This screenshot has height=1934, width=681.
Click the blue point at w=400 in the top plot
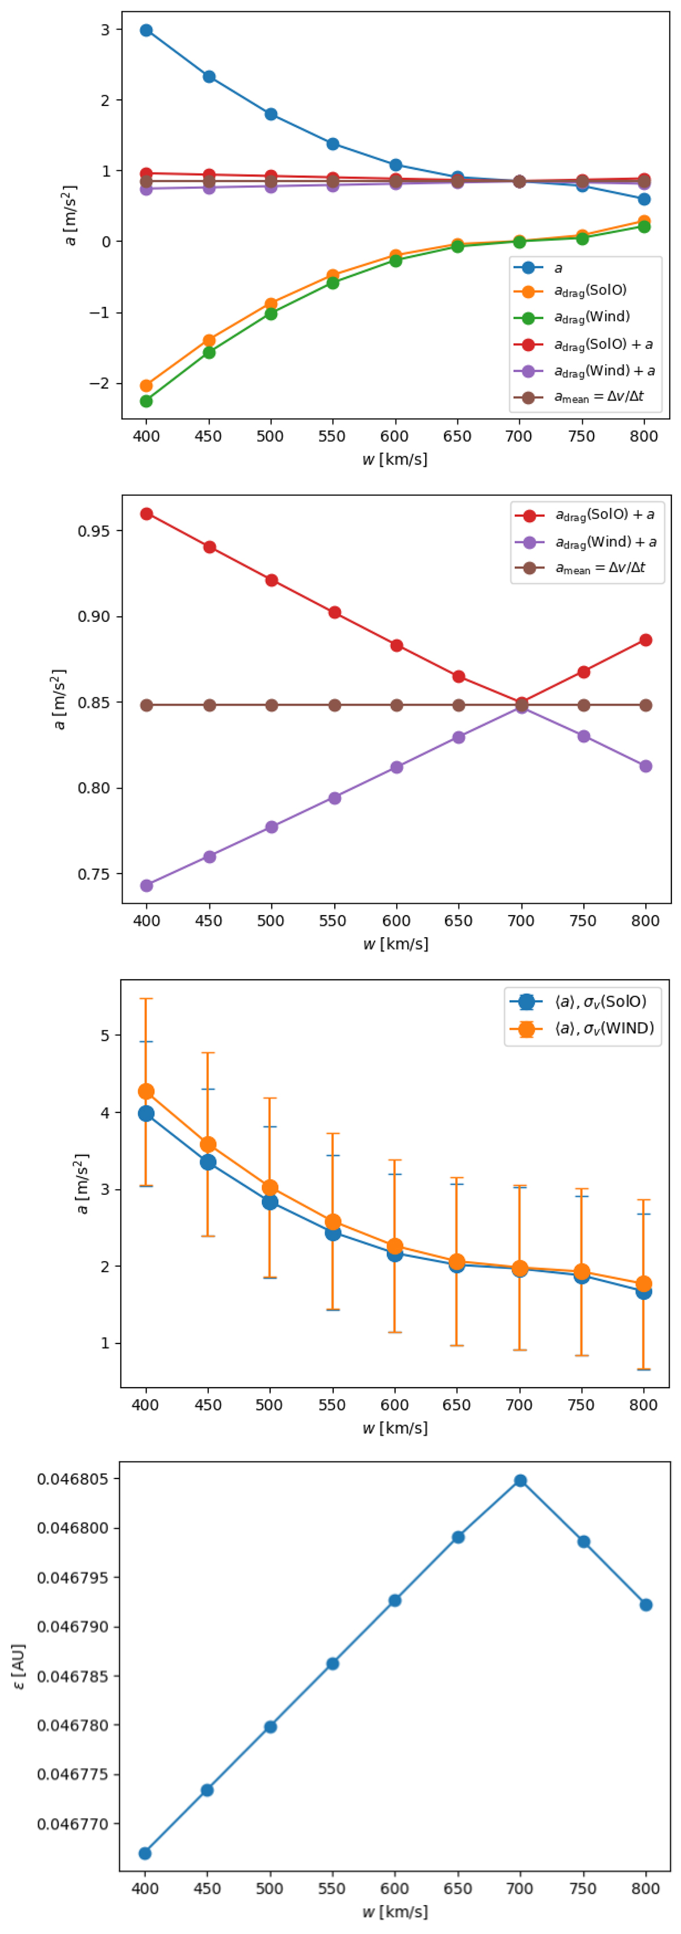[x=146, y=31]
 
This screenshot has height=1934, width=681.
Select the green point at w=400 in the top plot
[x=146, y=401]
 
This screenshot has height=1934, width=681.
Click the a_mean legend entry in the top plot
[x=598, y=397]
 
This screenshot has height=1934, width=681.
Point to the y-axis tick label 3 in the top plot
[x=105, y=30]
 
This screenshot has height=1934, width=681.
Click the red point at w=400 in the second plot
[x=147, y=515]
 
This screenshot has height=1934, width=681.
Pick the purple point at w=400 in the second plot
[x=147, y=886]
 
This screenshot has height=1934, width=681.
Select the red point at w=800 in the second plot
[x=646, y=641]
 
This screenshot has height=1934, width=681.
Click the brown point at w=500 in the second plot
[x=272, y=706]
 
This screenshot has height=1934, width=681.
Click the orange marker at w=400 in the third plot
[x=146, y=1092]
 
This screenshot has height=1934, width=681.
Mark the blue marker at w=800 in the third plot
[x=644, y=1292]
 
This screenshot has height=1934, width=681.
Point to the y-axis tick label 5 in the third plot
[x=105, y=1036]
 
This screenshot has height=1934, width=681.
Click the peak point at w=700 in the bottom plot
[x=520, y=1481]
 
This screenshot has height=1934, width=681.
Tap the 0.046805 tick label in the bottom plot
[x=73, y=1480]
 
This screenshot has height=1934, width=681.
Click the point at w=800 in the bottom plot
[x=646, y=1605]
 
